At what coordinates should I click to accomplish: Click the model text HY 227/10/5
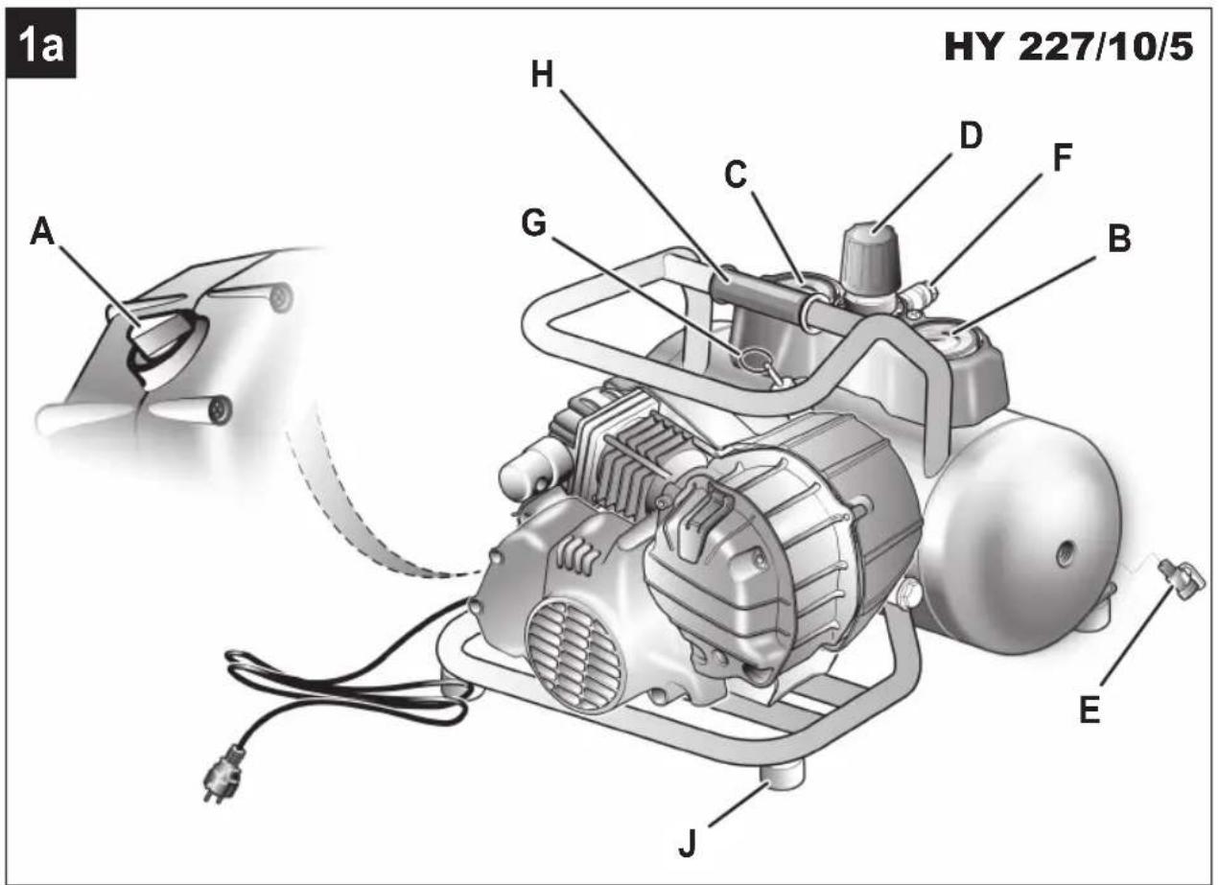(1068, 48)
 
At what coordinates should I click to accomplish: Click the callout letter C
(737, 175)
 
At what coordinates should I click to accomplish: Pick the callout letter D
(971, 135)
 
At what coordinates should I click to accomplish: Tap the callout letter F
(1061, 159)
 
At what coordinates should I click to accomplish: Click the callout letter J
(689, 846)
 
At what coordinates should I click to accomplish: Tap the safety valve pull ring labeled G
(753, 361)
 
